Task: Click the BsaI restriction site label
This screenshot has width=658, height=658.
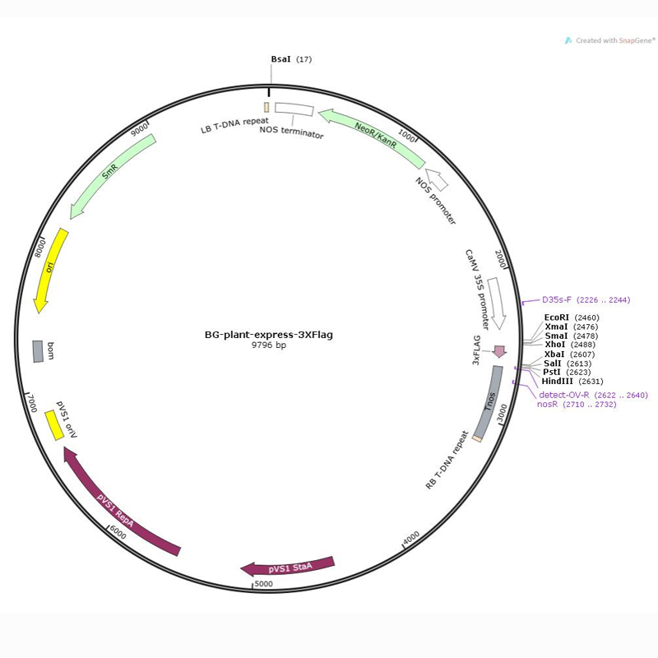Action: pyautogui.click(x=280, y=59)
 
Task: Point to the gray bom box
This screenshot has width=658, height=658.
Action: pyautogui.click(x=38, y=351)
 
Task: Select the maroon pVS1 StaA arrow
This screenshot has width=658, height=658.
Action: pyautogui.click(x=288, y=568)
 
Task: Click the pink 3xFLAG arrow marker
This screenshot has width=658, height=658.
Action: pyautogui.click(x=498, y=351)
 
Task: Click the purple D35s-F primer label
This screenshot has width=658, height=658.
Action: pyautogui.click(x=557, y=300)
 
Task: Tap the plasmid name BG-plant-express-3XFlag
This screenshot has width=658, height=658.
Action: pyautogui.click(x=269, y=335)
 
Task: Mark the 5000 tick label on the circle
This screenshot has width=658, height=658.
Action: pyautogui.click(x=264, y=584)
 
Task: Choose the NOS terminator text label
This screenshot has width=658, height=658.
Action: pyautogui.click(x=292, y=132)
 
